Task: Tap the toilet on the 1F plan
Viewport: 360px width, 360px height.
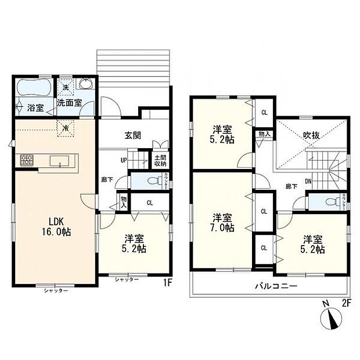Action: click(152, 181)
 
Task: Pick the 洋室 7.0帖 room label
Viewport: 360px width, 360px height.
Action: click(222, 223)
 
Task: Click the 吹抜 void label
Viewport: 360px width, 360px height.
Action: click(312, 135)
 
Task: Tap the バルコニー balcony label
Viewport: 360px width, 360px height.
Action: click(276, 286)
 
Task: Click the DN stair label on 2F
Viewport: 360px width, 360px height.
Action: click(308, 181)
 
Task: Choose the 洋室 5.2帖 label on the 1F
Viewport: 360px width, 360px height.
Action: click(134, 243)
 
